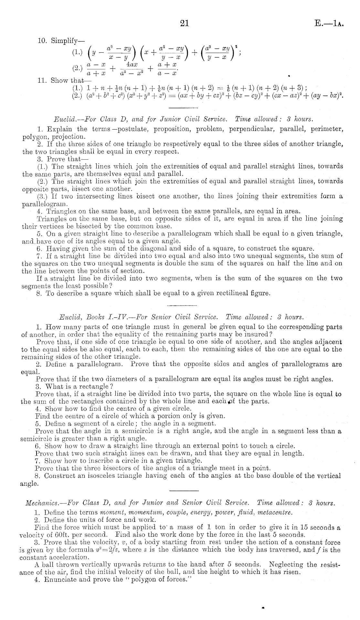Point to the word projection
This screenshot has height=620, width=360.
coord(64,137)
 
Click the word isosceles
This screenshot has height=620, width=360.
coord(104,476)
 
